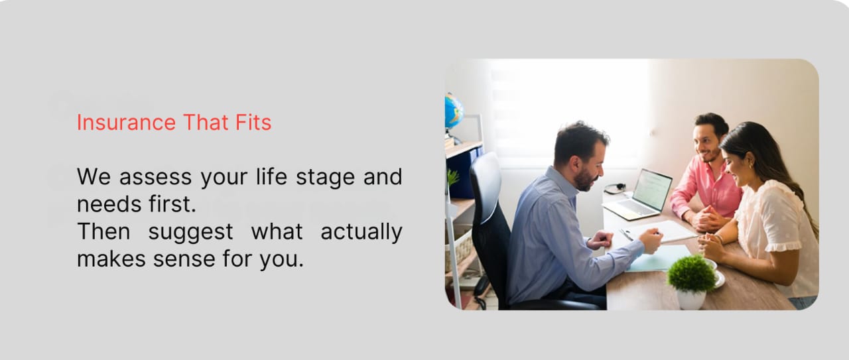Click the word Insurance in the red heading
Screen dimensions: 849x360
click(x=126, y=123)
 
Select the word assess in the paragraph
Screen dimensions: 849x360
click(x=155, y=177)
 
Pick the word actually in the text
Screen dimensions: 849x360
click(x=361, y=232)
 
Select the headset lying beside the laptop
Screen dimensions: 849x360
click(x=615, y=188)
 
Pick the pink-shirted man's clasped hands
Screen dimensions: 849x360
click(x=708, y=219)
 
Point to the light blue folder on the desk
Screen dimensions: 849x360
click(x=659, y=259)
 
